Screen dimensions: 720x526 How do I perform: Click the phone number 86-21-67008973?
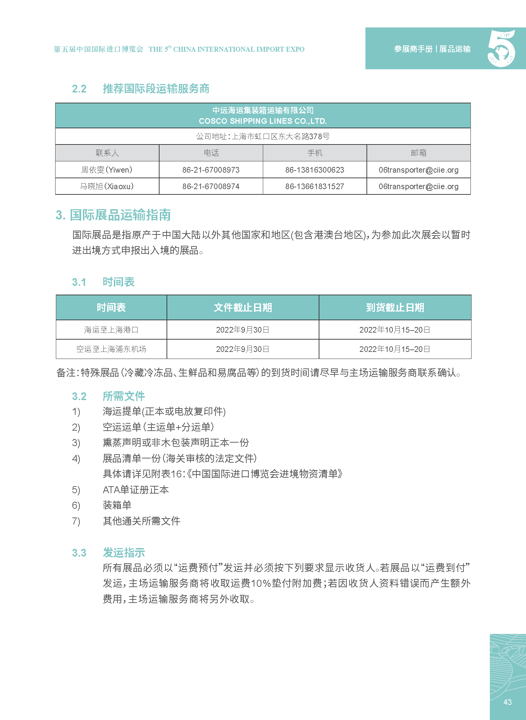[211, 170]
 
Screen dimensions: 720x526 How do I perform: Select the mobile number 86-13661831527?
[314, 186]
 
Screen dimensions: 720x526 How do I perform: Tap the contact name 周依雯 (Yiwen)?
[107, 170]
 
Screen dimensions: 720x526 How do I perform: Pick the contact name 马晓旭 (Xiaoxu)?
[107, 186]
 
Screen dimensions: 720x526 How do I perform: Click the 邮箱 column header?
[418, 153]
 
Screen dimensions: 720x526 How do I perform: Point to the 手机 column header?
[314, 153]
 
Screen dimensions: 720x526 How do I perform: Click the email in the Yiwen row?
[418, 170]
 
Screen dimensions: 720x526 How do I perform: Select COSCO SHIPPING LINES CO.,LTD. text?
[263, 121]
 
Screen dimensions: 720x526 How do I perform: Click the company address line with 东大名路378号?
[263, 136]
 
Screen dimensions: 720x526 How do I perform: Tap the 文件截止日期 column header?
[243, 308]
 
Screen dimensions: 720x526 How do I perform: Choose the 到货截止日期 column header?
[395, 308]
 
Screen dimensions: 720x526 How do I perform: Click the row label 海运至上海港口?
[111, 330]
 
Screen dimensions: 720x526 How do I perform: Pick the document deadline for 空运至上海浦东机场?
[243, 349]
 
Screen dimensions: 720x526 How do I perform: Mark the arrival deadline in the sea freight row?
[395, 330]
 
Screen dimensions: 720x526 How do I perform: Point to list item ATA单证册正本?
[136, 490]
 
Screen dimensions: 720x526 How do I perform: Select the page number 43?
[507, 702]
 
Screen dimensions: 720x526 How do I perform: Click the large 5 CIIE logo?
[501, 49]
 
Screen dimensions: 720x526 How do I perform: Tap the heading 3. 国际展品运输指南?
[113, 215]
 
